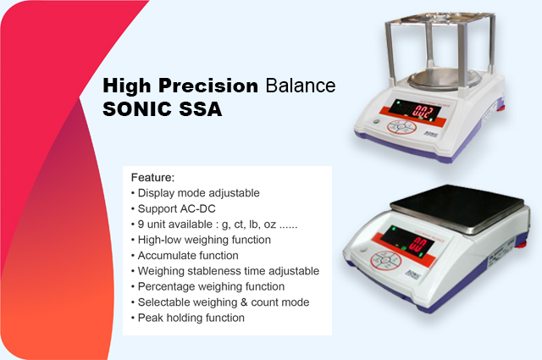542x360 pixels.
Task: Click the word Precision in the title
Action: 208,86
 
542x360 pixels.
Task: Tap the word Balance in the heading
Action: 301,86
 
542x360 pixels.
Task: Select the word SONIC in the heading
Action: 137,109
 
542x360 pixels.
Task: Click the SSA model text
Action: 201,109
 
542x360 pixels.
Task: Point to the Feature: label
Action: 152,177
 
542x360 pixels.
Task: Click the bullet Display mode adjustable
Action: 196,193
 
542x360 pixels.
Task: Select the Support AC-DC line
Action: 173,208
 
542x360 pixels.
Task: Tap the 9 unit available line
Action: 214,224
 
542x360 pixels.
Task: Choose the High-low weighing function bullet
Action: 201,240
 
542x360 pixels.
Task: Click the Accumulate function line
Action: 185,256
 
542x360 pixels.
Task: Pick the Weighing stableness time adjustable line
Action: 225,271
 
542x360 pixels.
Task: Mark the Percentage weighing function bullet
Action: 207,286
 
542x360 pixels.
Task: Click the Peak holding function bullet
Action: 188,318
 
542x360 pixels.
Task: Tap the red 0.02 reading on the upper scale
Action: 423,112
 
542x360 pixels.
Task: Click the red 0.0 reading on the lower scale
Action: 418,244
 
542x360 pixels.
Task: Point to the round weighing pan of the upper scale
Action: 444,79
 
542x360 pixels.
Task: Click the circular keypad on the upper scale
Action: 401,127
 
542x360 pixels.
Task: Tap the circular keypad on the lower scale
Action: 386,260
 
